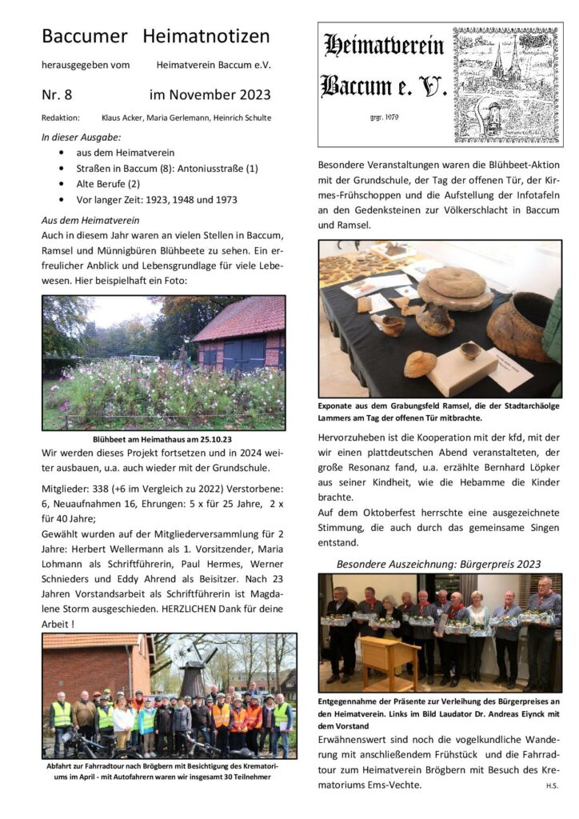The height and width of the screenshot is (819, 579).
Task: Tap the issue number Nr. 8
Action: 57,94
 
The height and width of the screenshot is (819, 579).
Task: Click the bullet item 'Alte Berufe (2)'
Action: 110,184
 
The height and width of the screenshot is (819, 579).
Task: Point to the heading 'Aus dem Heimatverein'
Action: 90,219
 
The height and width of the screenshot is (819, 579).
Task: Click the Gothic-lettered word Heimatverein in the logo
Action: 384,46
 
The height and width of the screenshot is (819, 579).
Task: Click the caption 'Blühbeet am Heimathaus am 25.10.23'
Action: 163,438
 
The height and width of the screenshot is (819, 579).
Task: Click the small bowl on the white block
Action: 470,350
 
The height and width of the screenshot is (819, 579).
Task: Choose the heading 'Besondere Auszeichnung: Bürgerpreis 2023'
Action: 438,564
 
